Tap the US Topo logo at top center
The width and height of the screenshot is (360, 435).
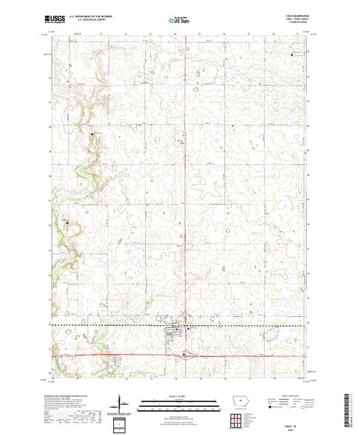180,21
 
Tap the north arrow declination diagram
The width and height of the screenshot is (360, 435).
122,404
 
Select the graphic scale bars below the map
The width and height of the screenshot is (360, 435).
179,403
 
